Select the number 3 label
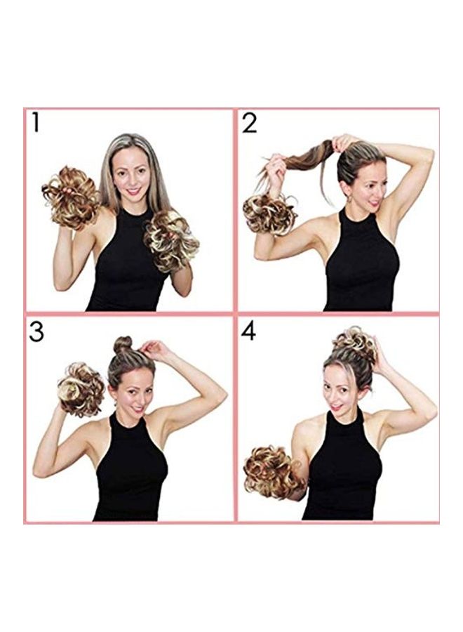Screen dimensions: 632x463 point(36,331)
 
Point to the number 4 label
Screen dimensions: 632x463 point(249,331)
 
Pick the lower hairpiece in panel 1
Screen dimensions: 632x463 point(171,239)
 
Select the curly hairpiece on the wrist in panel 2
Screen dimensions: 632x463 point(269,214)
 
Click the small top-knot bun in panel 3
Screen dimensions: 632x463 point(123,345)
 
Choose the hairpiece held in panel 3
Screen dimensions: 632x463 point(80,389)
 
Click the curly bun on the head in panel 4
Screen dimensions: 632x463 point(354,345)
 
